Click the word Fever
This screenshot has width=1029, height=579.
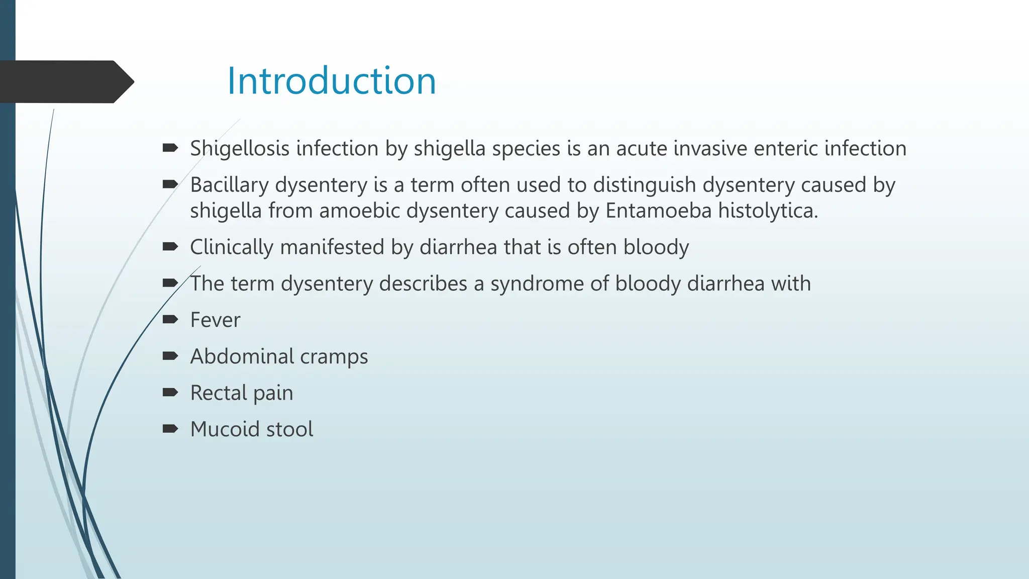click(x=215, y=320)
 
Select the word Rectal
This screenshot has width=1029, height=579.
click(x=219, y=393)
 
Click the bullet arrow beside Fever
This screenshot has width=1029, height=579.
click(x=170, y=320)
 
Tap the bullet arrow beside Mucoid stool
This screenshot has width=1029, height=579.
click(x=170, y=429)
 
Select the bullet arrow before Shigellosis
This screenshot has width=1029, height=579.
click(x=170, y=148)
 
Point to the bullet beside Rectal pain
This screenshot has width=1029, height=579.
click(x=170, y=393)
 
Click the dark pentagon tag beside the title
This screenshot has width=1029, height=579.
click(x=65, y=82)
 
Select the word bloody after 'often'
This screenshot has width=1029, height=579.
click(x=656, y=247)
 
